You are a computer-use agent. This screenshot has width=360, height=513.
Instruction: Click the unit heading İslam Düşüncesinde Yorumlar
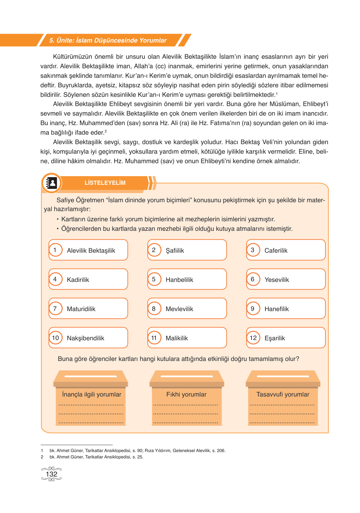click(x=108, y=40)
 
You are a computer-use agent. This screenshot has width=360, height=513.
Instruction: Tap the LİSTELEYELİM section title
click(x=105, y=183)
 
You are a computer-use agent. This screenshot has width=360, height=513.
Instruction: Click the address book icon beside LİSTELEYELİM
click(x=51, y=183)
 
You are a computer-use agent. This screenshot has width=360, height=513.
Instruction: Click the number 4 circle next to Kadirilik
click(x=55, y=279)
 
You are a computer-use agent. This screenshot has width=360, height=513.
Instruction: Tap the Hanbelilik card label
click(x=179, y=280)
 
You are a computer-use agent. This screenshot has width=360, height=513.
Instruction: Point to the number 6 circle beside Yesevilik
click(x=253, y=279)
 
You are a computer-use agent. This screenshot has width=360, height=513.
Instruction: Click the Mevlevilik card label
click(x=179, y=309)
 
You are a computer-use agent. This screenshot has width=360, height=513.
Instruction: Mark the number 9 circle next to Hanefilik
click(x=253, y=309)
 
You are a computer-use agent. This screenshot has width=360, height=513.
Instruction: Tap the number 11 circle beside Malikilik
click(x=154, y=338)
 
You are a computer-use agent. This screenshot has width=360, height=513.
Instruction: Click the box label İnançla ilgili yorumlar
click(x=92, y=394)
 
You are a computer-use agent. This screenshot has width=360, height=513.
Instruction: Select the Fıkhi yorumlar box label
click(x=186, y=394)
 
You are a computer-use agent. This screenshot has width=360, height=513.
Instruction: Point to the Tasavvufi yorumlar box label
click(x=283, y=394)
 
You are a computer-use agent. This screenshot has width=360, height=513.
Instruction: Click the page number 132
click(x=51, y=474)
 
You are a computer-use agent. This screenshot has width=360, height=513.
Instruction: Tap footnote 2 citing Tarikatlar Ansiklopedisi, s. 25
click(x=97, y=457)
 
